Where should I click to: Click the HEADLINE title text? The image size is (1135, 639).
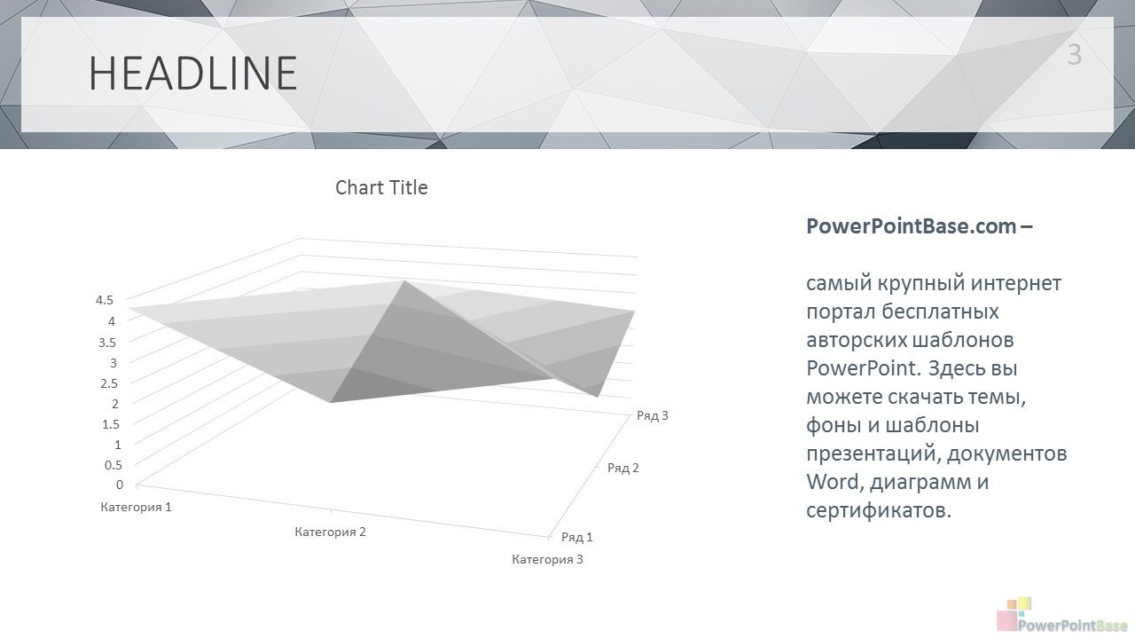coord(192,74)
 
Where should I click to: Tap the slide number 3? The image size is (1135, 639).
coord(1074,55)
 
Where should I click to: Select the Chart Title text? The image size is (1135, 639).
coord(381,187)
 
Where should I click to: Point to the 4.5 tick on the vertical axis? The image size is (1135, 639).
coord(105,300)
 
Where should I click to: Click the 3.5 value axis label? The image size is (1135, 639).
coord(107,343)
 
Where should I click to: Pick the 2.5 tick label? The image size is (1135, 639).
coord(109,383)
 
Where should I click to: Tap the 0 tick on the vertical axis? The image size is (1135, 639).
coord(120,485)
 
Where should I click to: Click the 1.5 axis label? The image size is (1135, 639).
coord(111,424)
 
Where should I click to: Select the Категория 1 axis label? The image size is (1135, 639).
coord(137,507)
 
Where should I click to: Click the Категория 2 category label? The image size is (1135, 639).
coord(331,532)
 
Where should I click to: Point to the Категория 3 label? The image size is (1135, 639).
coord(548,559)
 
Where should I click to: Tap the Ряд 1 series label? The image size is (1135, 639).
coord(577,538)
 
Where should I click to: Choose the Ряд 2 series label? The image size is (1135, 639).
coord(623,468)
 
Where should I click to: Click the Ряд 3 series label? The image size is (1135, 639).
coord(653,416)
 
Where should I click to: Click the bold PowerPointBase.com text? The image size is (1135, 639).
coord(911,226)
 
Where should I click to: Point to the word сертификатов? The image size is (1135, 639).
coord(879,510)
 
